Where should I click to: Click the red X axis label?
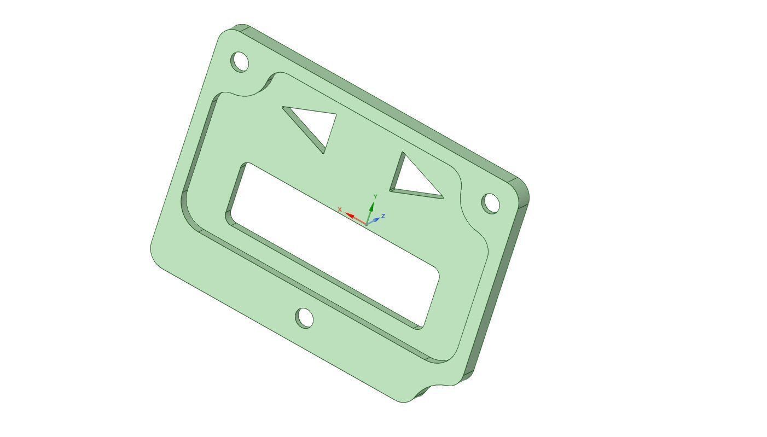click(x=340, y=209)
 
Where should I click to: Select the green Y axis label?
click(x=375, y=196)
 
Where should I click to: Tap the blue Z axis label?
click(x=383, y=216)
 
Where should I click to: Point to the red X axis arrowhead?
click(x=350, y=215)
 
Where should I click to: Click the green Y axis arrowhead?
click(x=372, y=206)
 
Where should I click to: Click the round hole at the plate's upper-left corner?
click(x=240, y=61)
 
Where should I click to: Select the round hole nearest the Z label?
click(x=491, y=203)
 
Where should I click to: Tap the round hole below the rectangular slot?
click(x=304, y=318)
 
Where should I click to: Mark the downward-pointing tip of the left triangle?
click(x=324, y=152)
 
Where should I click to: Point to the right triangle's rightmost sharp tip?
click(x=442, y=197)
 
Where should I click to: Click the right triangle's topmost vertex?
click(x=403, y=154)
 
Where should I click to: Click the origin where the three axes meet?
click(x=366, y=224)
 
